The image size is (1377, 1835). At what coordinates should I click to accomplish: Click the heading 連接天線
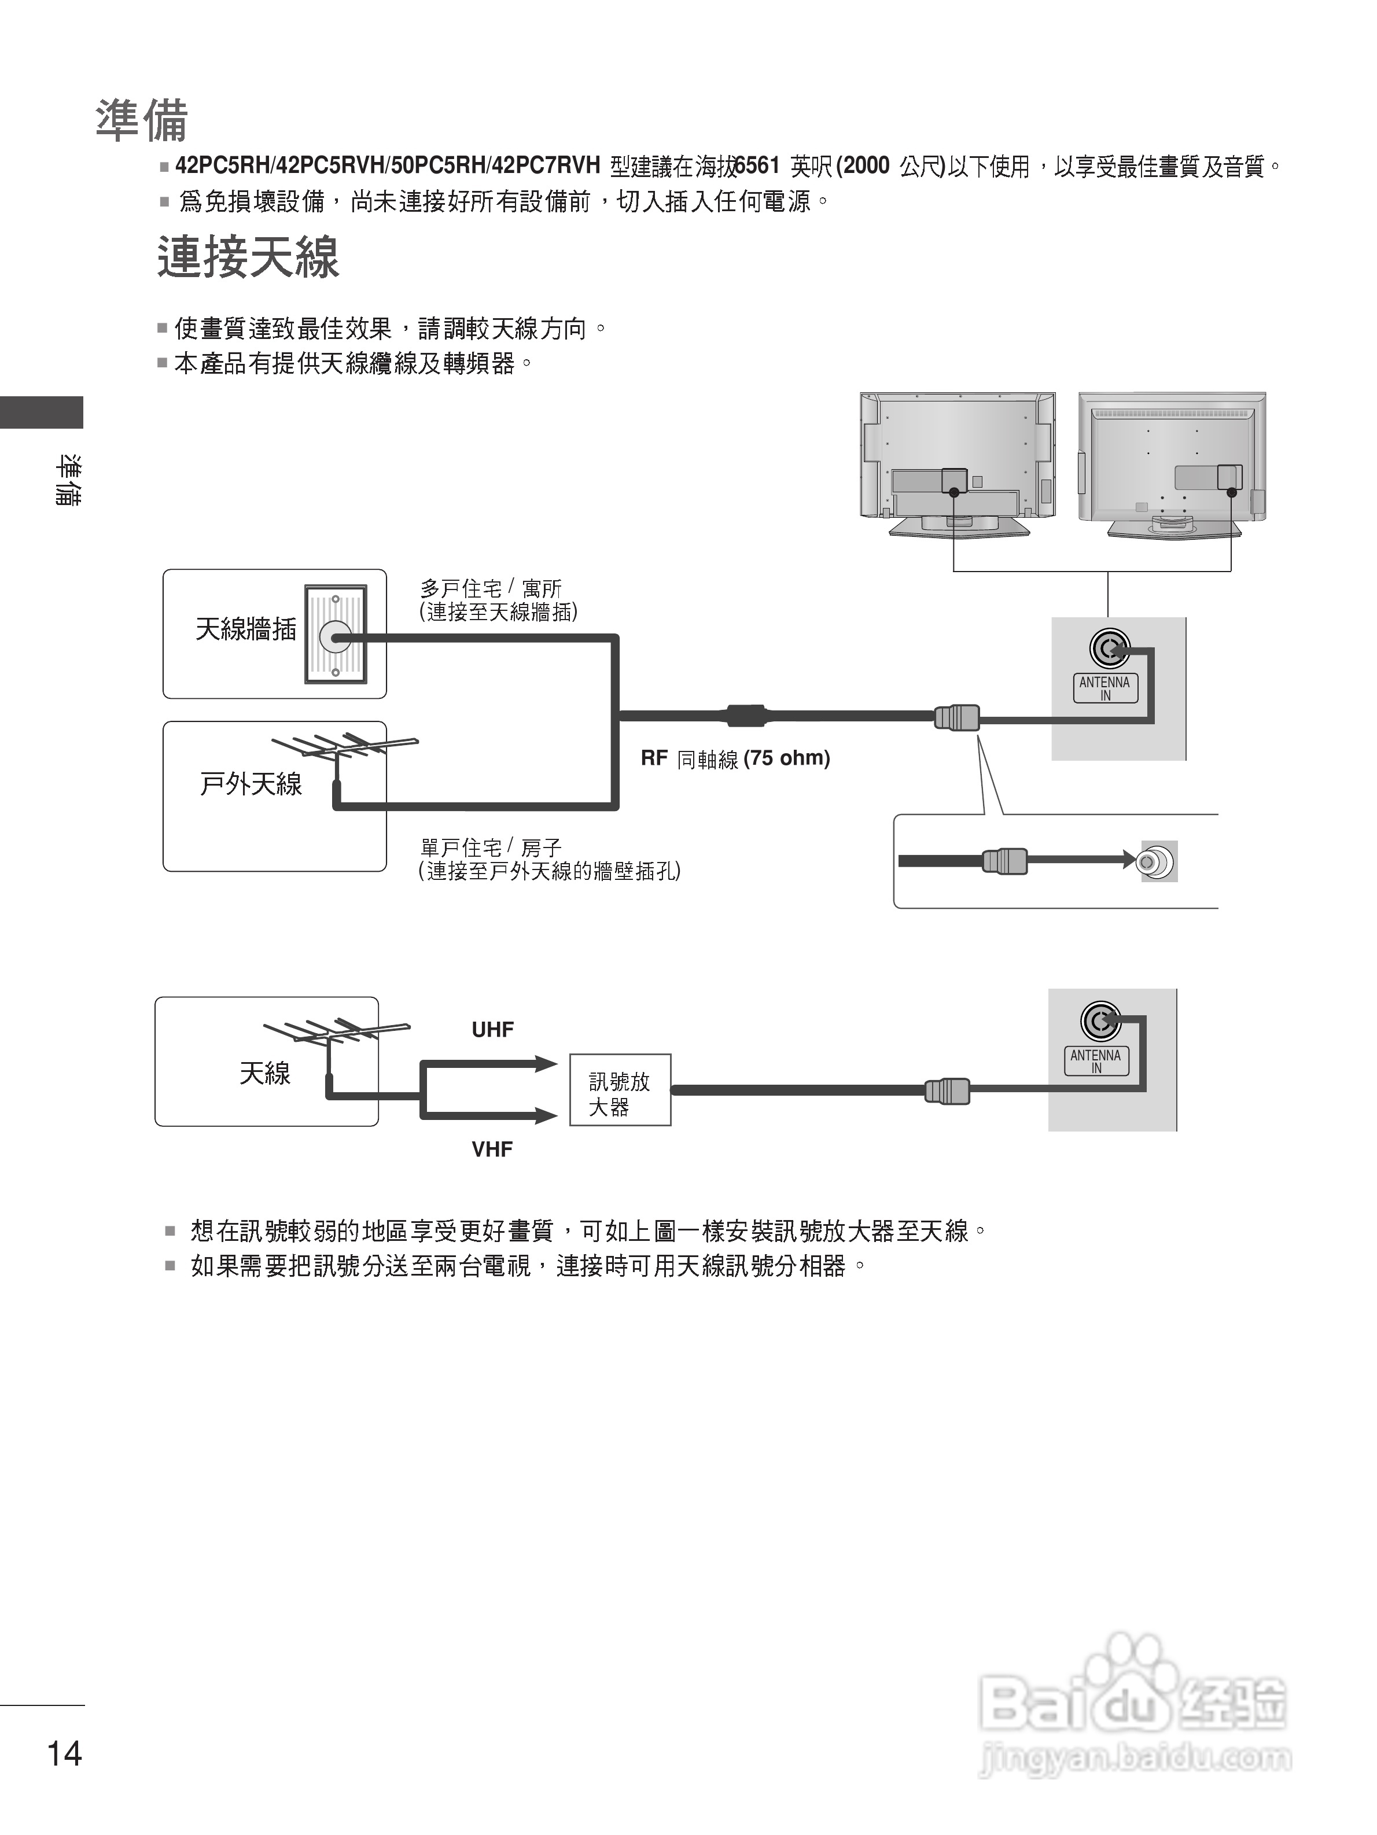(248, 257)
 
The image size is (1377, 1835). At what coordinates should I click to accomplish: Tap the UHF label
(493, 1030)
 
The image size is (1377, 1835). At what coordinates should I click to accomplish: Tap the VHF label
(492, 1149)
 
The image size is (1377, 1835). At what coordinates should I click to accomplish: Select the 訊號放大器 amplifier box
(620, 1090)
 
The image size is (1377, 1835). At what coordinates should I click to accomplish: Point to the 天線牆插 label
(245, 629)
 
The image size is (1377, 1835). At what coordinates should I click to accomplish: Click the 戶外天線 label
(251, 784)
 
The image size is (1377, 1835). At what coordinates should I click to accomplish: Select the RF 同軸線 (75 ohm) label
(735, 758)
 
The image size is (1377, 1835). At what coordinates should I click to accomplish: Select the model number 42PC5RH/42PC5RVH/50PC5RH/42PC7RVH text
(388, 166)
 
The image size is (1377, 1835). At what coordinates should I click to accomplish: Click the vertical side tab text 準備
(68, 480)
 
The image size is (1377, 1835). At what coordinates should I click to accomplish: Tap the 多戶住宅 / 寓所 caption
(491, 589)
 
